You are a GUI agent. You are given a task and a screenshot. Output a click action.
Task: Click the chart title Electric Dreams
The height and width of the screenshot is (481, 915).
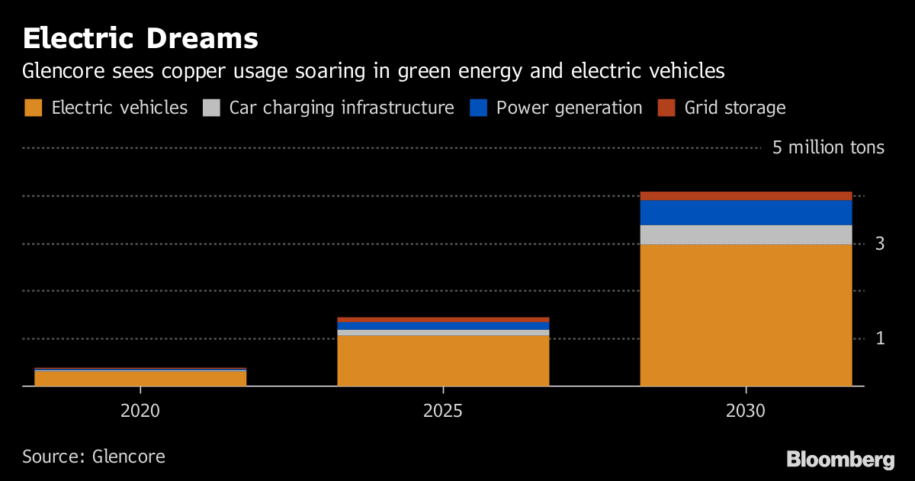[140, 38]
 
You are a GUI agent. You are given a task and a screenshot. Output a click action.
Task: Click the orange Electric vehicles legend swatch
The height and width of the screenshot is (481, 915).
[33, 108]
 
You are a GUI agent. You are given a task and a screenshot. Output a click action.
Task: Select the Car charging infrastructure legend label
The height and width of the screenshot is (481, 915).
[342, 108]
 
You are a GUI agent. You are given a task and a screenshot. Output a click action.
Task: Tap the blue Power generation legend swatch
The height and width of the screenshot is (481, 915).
[478, 108]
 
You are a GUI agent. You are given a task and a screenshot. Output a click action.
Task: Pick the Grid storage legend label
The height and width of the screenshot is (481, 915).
[734, 108]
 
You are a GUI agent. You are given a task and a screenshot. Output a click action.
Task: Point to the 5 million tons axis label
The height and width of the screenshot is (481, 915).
[828, 147]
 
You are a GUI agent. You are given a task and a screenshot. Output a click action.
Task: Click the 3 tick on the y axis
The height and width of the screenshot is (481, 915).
[879, 244]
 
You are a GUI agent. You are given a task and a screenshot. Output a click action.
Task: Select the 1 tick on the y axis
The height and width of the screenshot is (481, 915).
[879, 338]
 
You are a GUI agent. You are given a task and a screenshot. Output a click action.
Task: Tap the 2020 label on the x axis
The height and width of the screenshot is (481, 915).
[140, 411]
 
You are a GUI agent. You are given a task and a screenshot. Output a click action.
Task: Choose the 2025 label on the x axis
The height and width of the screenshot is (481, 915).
[443, 411]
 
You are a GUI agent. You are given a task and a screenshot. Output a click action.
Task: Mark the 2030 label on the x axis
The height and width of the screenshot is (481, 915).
[746, 411]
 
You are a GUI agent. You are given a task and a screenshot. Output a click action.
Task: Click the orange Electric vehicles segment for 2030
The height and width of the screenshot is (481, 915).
[746, 315]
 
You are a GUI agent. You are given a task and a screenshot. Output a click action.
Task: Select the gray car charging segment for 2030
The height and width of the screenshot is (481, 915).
[746, 234]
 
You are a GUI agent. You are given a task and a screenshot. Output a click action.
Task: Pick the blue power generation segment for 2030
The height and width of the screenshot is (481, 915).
[746, 212]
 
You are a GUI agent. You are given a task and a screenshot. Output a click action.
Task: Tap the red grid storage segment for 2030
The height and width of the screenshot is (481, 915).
[746, 195]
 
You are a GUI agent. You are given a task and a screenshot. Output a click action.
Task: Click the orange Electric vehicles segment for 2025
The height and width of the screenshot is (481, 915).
[443, 360]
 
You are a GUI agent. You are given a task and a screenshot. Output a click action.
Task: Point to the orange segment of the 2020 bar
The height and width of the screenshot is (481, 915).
[140, 378]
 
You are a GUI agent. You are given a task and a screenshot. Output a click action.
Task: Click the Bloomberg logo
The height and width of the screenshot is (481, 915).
[840, 460]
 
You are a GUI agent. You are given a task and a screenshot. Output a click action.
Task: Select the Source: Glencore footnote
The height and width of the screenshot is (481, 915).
[94, 457]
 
